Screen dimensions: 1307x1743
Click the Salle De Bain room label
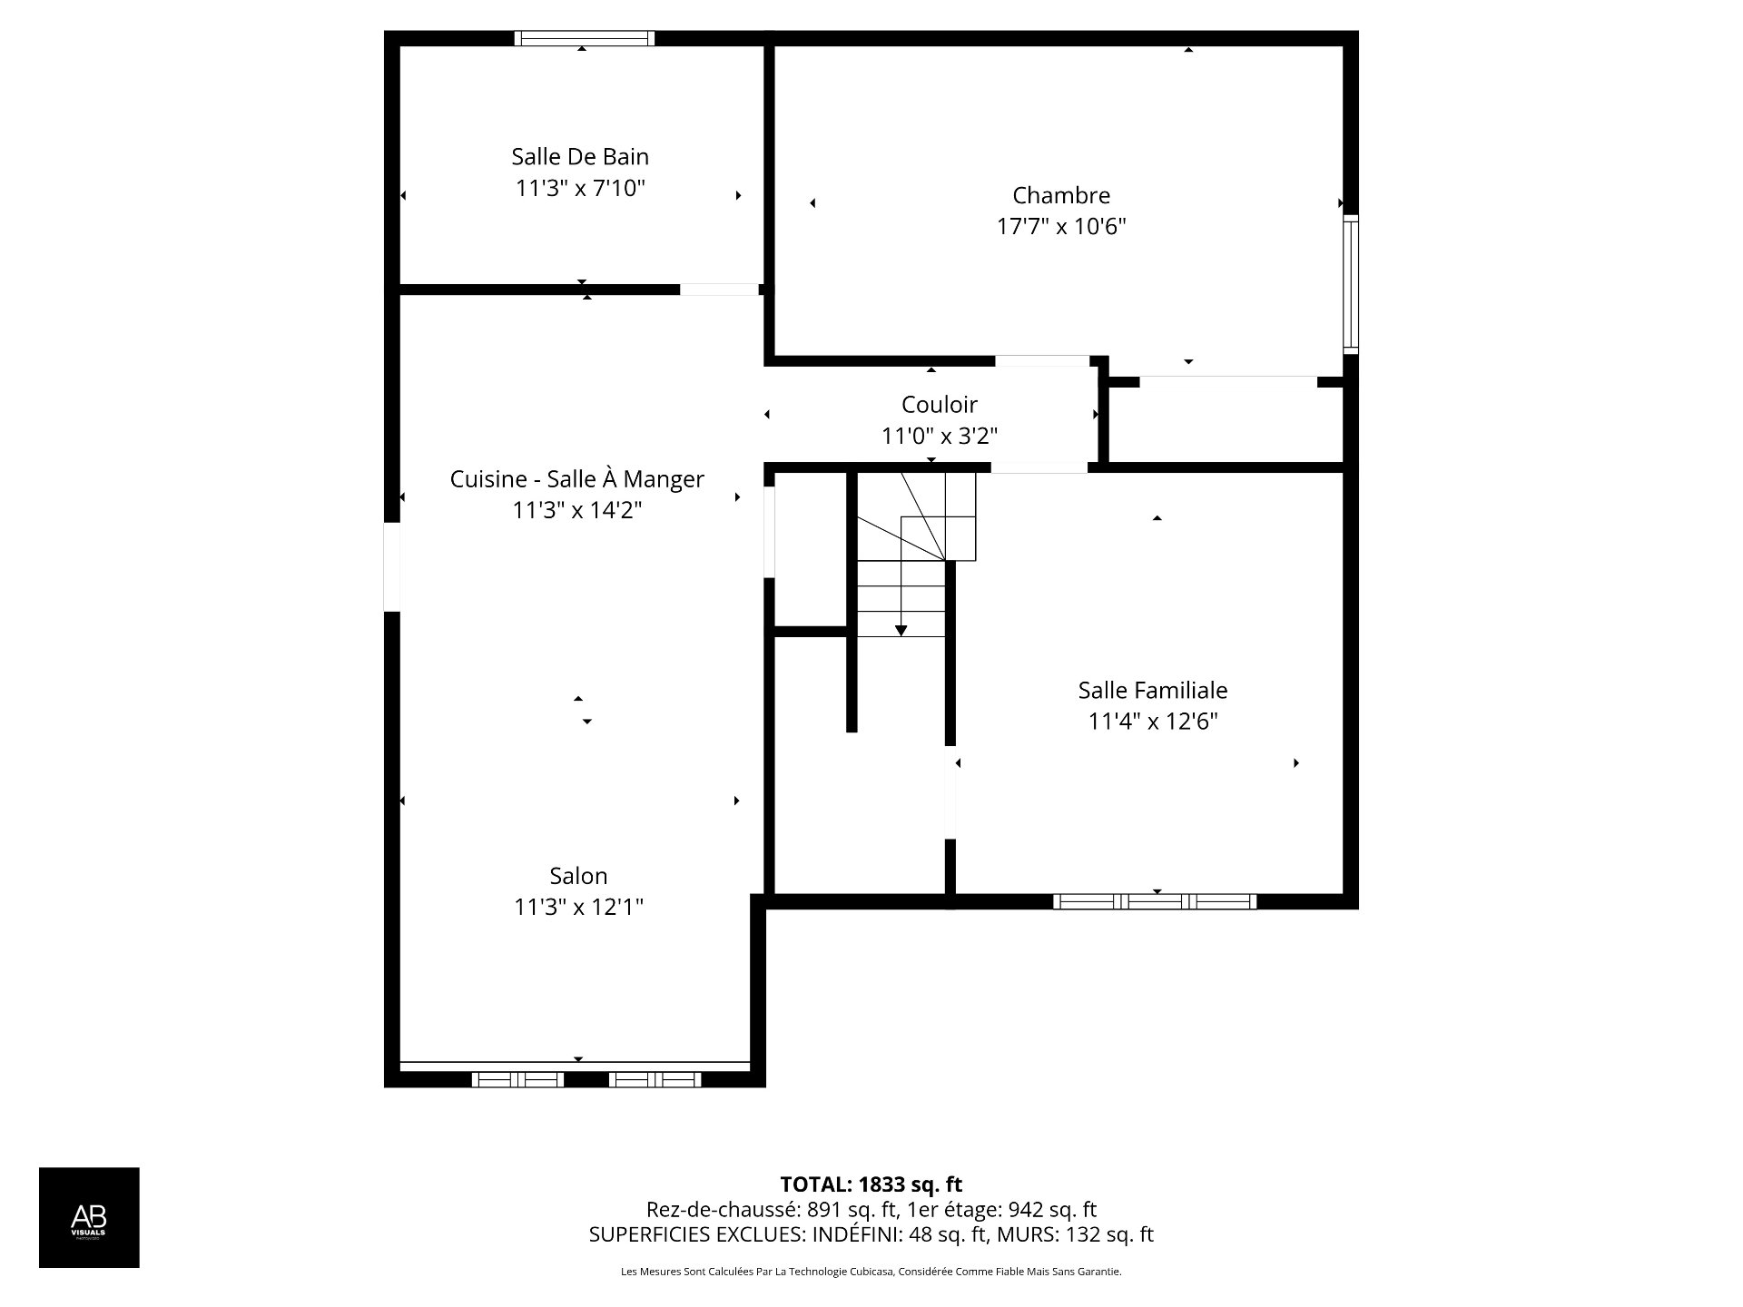[580, 157]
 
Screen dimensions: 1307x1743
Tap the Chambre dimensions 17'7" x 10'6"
[1061, 227]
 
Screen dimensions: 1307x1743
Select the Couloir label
[939, 405]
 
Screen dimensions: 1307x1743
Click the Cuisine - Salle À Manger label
[576, 479]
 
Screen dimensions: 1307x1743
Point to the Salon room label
[578, 876]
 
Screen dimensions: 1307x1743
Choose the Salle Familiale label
[1152, 691]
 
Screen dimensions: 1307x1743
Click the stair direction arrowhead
[901, 630]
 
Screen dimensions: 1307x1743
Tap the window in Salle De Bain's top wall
[584, 38]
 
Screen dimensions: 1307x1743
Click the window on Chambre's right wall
[1351, 284]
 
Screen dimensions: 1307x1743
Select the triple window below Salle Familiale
[1155, 901]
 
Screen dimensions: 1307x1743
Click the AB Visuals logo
[89, 1217]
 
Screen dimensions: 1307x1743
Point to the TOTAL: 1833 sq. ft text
[871, 1184]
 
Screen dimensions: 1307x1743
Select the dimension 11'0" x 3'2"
[939, 437]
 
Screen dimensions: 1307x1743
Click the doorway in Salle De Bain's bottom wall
[719, 290]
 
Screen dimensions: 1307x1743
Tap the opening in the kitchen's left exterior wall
[391, 567]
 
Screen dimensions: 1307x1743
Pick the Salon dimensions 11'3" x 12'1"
[578, 908]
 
